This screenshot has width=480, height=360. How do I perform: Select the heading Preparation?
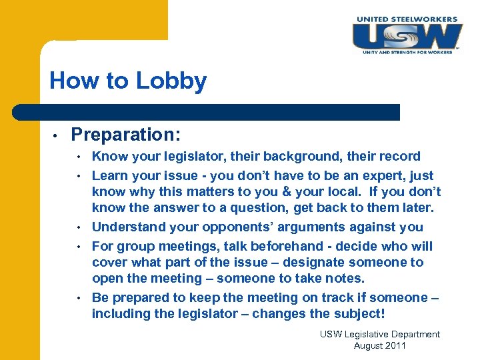coord(125,135)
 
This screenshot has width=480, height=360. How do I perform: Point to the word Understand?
coord(129,228)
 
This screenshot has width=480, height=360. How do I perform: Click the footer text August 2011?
coord(379,345)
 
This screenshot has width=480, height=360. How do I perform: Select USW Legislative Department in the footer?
coord(379,334)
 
